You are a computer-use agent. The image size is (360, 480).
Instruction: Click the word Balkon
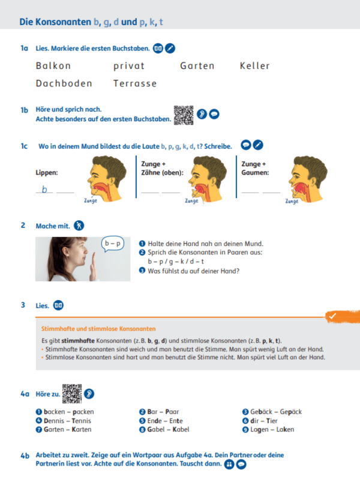click(53, 66)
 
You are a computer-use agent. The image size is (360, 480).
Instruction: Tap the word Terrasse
click(135, 83)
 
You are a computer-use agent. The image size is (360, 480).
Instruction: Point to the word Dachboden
click(64, 83)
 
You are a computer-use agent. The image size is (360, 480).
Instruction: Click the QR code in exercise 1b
click(184, 115)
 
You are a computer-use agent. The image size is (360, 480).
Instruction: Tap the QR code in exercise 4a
click(72, 394)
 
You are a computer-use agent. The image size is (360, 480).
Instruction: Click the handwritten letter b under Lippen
click(44, 190)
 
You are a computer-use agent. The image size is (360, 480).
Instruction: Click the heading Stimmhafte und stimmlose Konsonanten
click(98, 329)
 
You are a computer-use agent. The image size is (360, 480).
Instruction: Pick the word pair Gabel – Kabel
click(167, 430)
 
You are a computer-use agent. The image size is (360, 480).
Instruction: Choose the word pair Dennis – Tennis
click(64, 421)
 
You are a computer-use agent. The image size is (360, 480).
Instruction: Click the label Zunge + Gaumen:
click(254, 168)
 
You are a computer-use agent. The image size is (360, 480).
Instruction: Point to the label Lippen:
click(47, 173)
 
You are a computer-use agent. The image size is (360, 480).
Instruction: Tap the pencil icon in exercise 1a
click(170, 48)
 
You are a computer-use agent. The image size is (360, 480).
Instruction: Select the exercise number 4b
click(25, 456)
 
